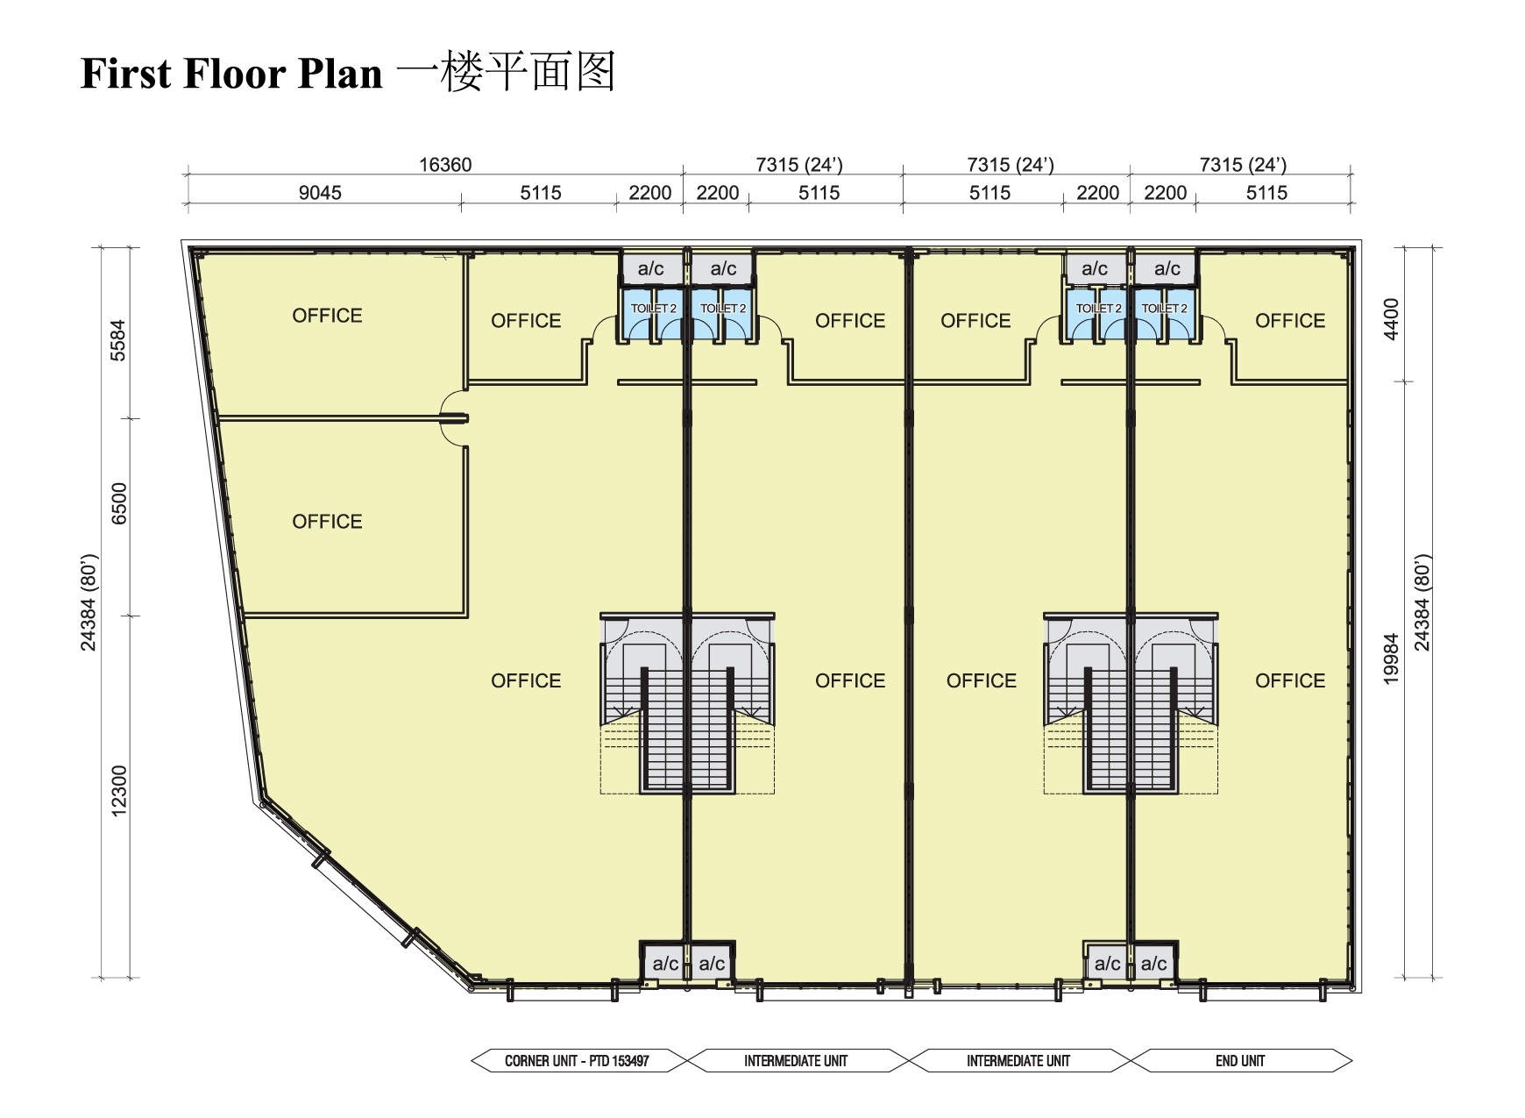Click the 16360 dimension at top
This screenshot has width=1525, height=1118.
coord(445,165)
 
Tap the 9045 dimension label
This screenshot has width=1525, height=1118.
coord(320,193)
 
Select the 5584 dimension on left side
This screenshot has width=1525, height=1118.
coord(118,340)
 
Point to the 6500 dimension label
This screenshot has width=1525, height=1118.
coord(119,503)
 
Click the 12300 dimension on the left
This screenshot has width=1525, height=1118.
coord(119,790)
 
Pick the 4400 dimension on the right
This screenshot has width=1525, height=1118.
coord(1391,319)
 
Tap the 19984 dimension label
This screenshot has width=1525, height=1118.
coord(1391,659)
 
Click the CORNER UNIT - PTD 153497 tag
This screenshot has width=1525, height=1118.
coord(577,1061)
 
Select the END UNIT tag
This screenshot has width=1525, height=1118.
coord(1239,1061)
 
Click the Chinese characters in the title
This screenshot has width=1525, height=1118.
coord(507,72)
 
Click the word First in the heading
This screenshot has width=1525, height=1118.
coord(126,74)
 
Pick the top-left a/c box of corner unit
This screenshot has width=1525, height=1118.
coord(650,269)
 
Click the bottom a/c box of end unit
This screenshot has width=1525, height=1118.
coord(1153,964)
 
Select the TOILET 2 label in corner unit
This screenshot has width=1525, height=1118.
coord(654,309)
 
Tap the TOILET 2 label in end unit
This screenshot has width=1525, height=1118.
coord(1164,309)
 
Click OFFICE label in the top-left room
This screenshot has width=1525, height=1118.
coord(327,316)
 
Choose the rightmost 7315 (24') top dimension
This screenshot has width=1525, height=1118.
coord(1242,165)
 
